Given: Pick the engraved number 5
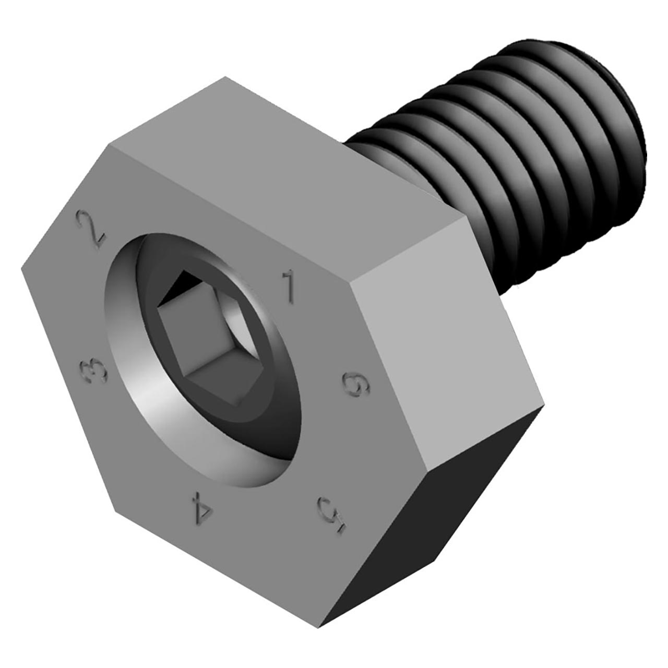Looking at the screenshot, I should click(x=332, y=513).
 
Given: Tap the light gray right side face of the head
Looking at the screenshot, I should click(x=444, y=339).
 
